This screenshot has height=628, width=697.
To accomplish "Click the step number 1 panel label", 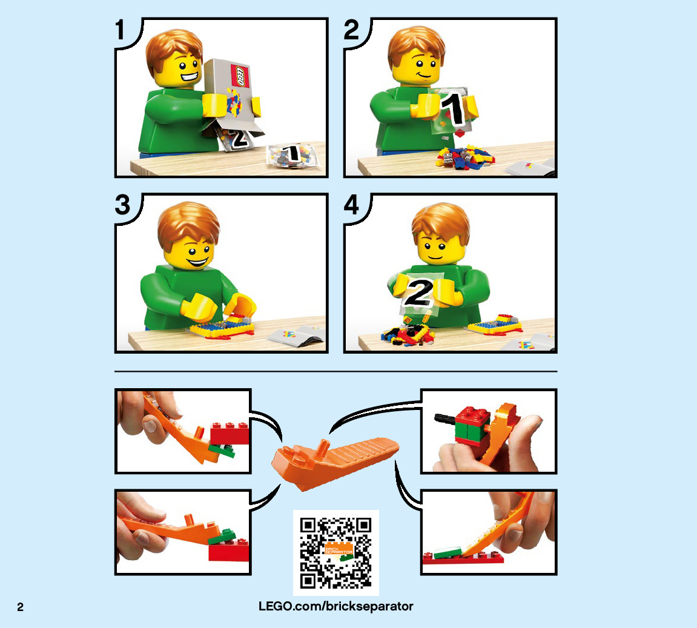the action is [119, 30].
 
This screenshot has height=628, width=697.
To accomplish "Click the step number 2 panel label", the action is [351, 30].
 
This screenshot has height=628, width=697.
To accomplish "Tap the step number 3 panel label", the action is [123, 205].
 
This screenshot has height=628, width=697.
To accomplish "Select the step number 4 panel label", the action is [351, 205].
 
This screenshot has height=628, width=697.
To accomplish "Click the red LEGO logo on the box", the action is [240, 76].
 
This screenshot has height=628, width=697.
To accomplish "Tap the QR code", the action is [336, 552].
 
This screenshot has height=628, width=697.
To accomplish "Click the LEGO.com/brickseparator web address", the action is [336, 606].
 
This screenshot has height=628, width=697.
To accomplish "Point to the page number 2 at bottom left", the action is [20, 607].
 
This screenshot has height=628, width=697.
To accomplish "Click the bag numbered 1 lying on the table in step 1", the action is [292, 156].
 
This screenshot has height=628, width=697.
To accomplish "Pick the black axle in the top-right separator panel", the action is [445, 418].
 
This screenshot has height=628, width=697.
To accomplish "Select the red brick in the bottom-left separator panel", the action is [228, 550].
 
